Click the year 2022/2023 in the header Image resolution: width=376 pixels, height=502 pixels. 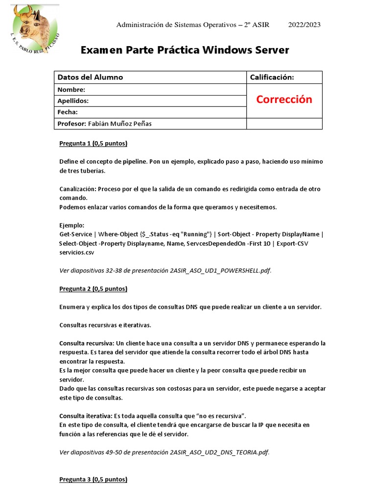(304, 25)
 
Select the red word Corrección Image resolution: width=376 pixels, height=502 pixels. (284, 100)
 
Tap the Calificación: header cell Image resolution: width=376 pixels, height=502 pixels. (272, 77)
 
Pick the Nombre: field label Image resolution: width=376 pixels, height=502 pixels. (71, 90)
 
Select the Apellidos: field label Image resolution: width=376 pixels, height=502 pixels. (73, 101)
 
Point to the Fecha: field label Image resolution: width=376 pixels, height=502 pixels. (68, 112)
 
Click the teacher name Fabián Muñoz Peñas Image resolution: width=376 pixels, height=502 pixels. (120, 124)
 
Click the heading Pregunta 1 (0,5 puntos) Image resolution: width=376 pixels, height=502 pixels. (93, 144)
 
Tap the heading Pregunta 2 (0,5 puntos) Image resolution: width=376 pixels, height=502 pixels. (93, 289)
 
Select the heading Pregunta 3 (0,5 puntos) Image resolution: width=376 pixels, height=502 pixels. (93, 479)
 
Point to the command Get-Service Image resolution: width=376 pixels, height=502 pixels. (76, 234)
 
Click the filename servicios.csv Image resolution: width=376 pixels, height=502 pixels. (76, 252)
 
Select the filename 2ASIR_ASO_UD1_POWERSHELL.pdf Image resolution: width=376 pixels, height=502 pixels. (220, 271)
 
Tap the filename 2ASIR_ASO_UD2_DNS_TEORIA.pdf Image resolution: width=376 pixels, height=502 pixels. (219, 452)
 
